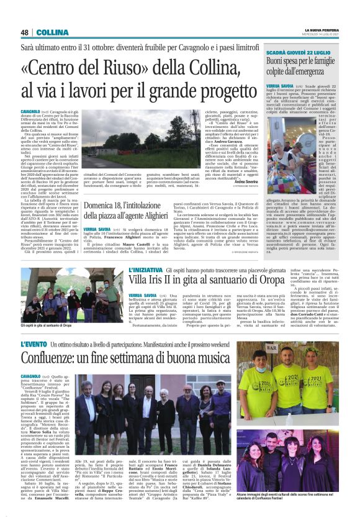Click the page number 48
(x=24, y=32)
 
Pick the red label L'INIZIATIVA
(x=143, y=271)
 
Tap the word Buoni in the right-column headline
(x=277, y=63)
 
